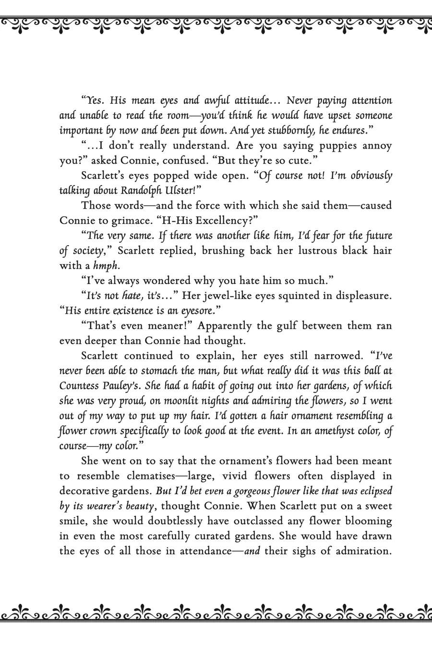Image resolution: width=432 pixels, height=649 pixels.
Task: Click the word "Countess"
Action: (x=79, y=386)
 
